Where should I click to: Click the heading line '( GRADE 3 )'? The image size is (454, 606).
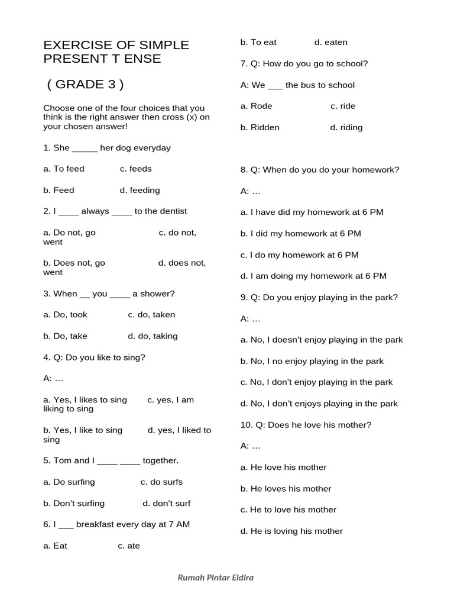coord(85,84)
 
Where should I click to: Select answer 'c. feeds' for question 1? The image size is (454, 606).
coord(135,169)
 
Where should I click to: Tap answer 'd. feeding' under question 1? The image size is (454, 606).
coord(140,190)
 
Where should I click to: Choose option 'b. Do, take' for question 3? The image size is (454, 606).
coord(65,336)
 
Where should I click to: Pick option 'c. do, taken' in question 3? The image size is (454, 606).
coord(151,315)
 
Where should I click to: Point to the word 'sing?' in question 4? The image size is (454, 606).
coord(134,357)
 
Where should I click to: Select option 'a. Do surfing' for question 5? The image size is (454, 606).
coord(69,482)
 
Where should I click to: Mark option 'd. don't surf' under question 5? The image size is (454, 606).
coord(167,503)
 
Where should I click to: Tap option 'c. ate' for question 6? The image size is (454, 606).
coord(129,546)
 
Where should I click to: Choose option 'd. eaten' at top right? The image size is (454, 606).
coord(331,42)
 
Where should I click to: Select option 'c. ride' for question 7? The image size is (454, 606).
coord(343,106)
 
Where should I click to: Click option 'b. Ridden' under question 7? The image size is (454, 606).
coord(260,127)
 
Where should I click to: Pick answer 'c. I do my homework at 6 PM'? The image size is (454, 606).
coord(299,255)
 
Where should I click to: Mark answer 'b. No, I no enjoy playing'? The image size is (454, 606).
coord(312,361)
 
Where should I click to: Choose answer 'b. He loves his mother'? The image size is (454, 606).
coord(286,489)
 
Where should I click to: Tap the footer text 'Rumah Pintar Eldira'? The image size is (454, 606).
coord(216,578)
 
